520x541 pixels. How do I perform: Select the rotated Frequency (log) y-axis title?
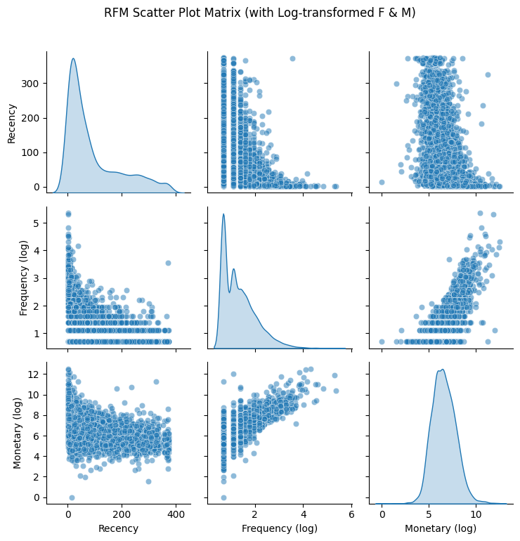tap(23, 277)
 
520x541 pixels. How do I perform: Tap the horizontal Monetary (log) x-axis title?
tap(434, 528)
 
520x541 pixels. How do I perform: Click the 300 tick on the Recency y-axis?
tap(32, 84)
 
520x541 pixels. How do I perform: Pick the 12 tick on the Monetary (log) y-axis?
tap(34, 374)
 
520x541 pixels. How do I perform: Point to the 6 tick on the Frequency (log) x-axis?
tap(351, 511)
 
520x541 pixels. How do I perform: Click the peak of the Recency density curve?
tap(72, 58)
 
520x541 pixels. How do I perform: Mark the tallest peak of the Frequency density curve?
tap(223, 214)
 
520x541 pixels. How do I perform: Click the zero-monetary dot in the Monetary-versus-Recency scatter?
tap(72, 497)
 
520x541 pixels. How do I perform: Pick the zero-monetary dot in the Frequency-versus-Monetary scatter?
tap(382, 341)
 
